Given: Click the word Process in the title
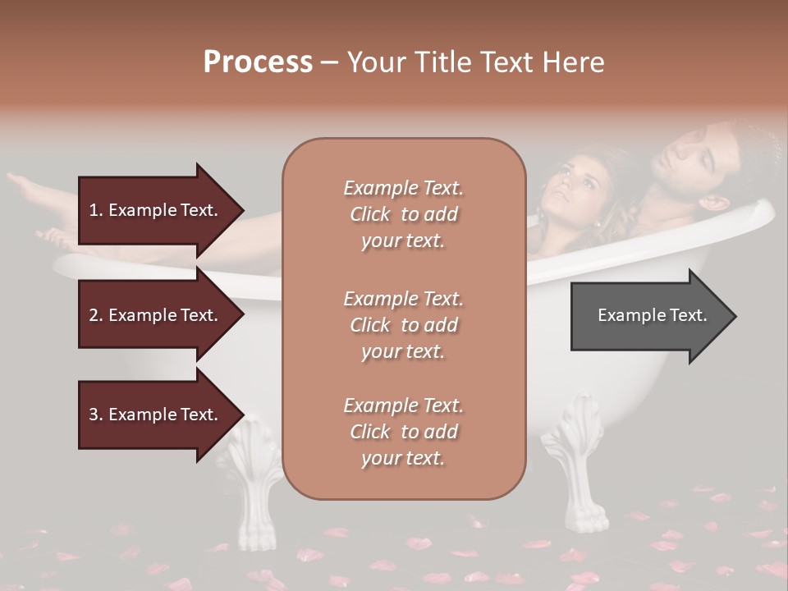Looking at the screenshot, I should pos(258,62).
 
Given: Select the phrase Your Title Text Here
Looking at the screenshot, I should pos(475,62).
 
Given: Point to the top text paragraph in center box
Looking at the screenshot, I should pos(403,214).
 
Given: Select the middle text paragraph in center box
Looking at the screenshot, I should pos(403,325).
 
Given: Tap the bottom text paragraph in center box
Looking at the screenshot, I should pos(403,432).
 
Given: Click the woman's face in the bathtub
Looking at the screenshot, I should pos(580,182).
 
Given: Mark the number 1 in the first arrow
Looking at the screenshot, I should pos(94,210).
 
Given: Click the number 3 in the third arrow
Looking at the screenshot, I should pos(94,415).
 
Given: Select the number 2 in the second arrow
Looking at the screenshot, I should pos(94,315).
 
